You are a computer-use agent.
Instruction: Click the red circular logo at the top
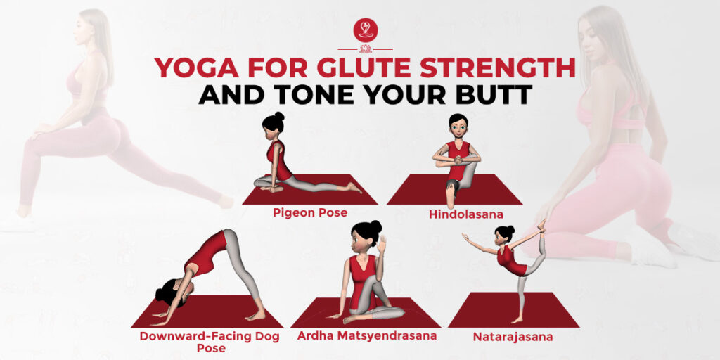coord(365,30)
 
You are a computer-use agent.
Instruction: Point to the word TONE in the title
coord(331,94)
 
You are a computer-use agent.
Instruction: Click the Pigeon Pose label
coord(310,212)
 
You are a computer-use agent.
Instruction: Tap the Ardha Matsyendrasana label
coord(366,335)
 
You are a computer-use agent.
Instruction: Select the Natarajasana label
coord(512,337)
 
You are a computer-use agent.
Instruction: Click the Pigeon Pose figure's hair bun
coord(279,116)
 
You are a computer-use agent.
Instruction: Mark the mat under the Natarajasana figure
coord(513,310)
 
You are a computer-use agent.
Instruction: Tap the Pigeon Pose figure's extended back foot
coord(355,188)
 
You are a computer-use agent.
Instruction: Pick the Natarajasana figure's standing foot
coord(517,321)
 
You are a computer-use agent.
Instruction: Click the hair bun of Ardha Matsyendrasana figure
coord(376,226)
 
